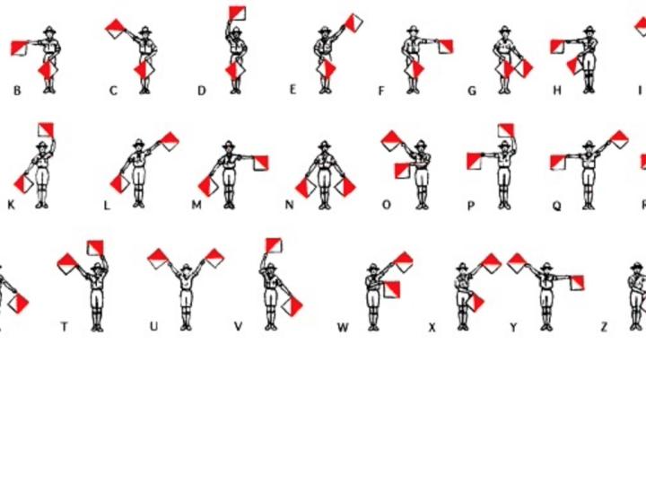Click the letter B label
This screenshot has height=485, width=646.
17,91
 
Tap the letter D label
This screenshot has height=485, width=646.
202,91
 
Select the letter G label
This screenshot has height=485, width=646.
473,91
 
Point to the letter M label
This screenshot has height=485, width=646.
196,205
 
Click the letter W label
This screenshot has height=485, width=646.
343,328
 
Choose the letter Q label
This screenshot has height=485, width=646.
556,206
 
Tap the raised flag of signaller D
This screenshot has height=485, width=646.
237,13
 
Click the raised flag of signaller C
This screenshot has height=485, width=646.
116,29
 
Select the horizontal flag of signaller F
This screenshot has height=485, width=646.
445,47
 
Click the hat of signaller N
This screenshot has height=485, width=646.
324,145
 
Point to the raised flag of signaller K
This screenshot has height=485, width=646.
46,130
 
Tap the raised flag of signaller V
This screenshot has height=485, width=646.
274,245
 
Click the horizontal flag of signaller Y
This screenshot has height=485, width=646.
576,283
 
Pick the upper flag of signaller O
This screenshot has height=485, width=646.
391,141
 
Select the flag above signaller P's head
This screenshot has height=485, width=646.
506,131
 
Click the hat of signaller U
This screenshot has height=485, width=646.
187,268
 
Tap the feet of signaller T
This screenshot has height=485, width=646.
97,328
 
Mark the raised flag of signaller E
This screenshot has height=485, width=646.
354,23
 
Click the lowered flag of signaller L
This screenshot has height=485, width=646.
120,183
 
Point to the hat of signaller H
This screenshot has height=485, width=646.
589,31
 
